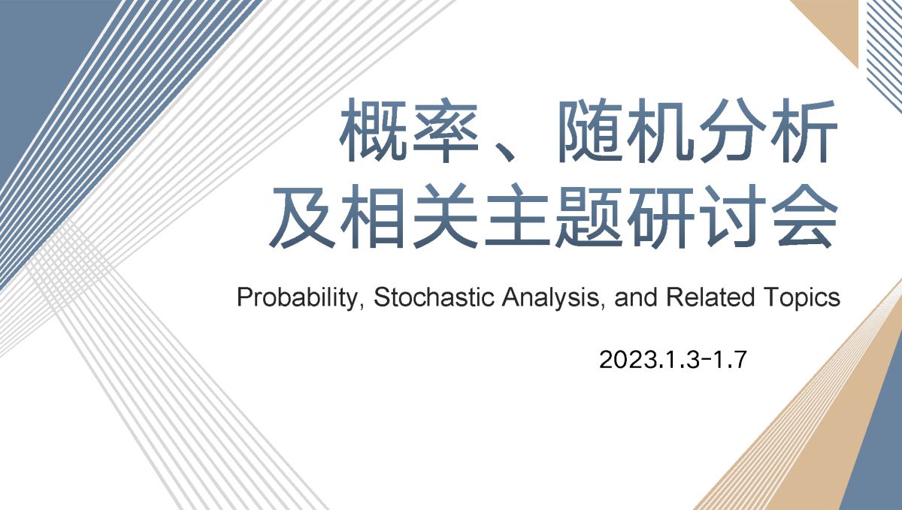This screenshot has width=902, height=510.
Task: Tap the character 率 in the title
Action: click(445, 130)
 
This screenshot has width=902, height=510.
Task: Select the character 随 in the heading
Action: click(588, 130)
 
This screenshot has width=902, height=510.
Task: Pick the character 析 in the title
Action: click(804, 130)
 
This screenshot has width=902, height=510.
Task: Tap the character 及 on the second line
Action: click(302, 216)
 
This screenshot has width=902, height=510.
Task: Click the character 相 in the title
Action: click(374, 216)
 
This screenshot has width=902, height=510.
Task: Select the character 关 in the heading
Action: click(445, 216)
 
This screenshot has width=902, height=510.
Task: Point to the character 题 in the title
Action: click(589, 216)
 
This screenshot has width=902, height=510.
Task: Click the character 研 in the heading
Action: click(661, 216)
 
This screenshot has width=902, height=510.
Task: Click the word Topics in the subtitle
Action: click(801, 298)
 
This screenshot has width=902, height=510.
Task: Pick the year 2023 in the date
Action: click(628, 360)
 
